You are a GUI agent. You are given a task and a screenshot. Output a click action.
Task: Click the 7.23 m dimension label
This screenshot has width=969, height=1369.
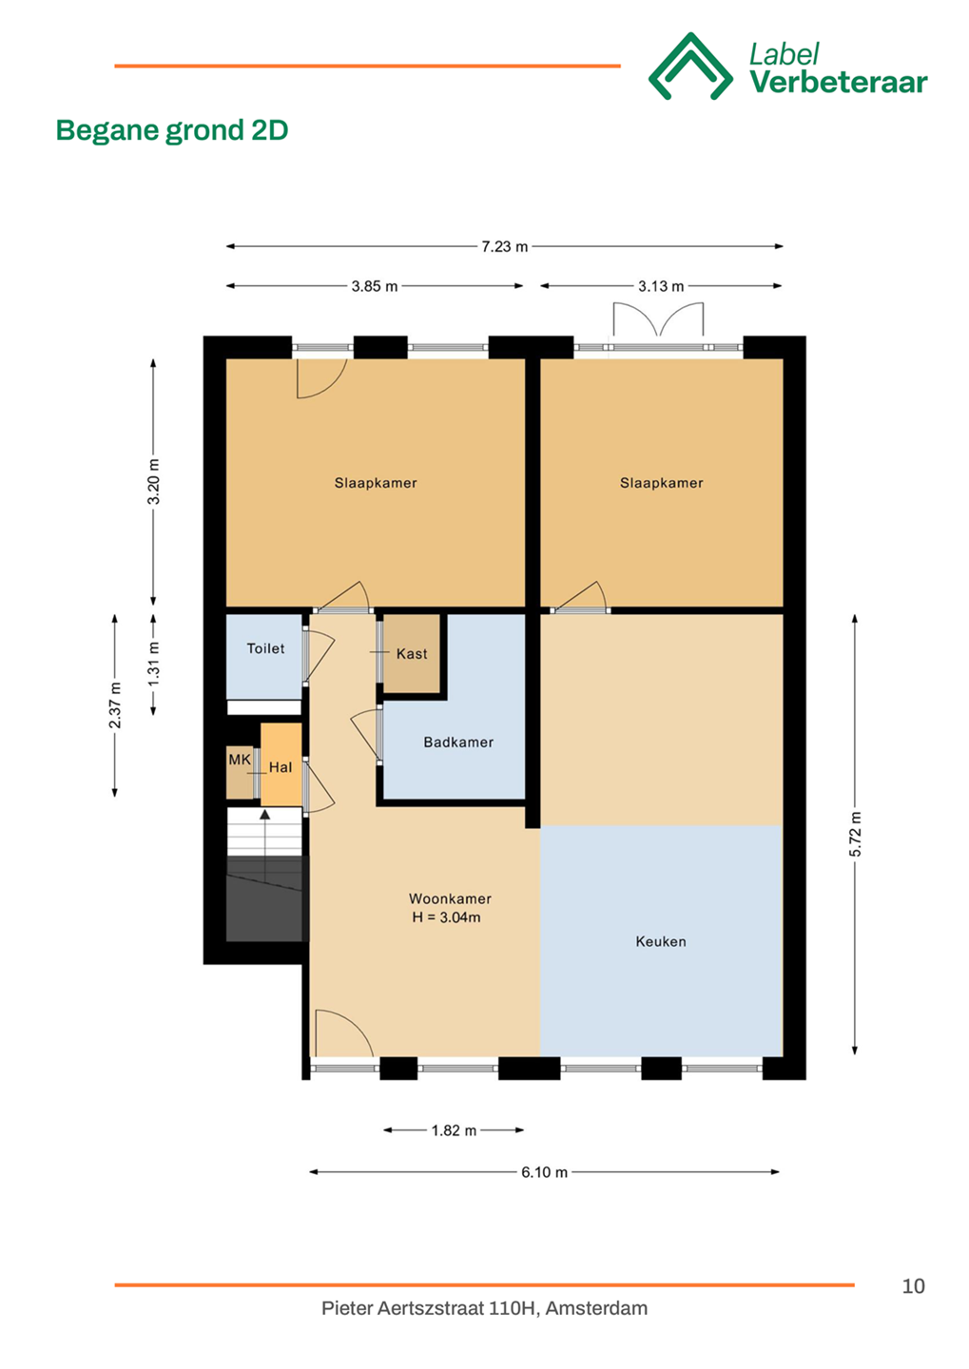[x=504, y=247]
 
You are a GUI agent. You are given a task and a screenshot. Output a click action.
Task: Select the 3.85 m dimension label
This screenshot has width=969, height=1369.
[x=374, y=286]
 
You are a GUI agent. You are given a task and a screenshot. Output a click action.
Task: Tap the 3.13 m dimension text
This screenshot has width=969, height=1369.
[x=661, y=286]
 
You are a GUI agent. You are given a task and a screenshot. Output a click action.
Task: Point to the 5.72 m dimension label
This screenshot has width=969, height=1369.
[x=855, y=835]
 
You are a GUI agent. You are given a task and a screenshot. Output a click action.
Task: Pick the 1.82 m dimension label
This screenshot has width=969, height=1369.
[x=454, y=1130]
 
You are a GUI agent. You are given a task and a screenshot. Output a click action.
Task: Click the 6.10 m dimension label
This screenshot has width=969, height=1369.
[x=544, y=1172]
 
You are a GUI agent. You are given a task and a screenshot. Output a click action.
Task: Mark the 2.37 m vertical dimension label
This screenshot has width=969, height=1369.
[x=115, y=705]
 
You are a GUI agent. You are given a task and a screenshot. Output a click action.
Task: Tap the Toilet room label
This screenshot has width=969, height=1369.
[x=265, y=648]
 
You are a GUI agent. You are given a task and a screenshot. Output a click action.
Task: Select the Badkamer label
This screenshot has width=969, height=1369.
[x=458, y=742]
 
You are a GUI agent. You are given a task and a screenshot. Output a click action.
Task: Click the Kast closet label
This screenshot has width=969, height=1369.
[x=412, y=654]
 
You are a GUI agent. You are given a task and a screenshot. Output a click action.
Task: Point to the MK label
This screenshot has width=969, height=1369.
[x=240, y=760]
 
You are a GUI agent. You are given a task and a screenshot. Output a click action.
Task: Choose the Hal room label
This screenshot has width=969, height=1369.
[x=281, y=767]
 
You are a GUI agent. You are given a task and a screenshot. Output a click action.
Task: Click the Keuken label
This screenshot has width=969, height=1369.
[x=661, y=941]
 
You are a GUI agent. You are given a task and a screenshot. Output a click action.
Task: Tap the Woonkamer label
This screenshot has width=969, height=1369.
[x=450, y=898]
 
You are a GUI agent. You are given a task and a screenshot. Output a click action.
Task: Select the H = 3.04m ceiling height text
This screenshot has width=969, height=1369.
[x=446, y=917]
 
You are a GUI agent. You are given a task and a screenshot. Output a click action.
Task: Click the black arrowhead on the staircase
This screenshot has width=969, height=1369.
[x=264, y=815]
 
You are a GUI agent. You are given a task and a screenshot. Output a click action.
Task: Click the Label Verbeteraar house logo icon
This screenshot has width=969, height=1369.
[x=690, y=66]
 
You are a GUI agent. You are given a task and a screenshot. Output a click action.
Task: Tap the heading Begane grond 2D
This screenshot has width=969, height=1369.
[x=172, y=130]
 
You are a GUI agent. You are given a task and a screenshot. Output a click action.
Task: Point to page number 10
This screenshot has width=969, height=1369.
[x=913, y=1286]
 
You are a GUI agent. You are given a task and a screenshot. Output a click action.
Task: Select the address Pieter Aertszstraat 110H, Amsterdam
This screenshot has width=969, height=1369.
[x=484, y=1308]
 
